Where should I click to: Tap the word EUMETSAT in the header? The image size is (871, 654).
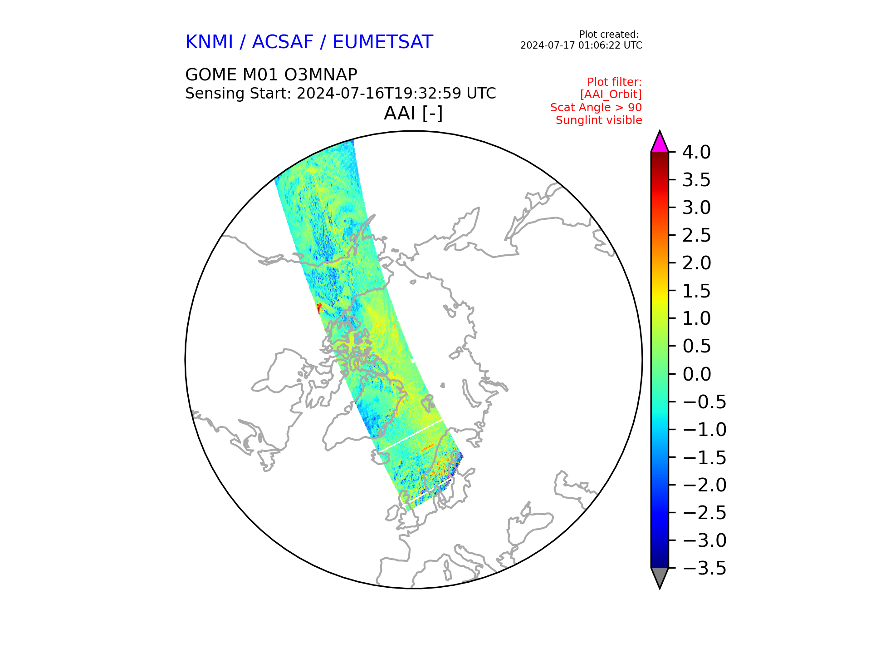[x=383, y=42]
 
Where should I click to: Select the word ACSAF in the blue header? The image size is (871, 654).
[x=283, y=42]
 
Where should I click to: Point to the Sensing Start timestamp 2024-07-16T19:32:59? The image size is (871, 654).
[x=379, y=94]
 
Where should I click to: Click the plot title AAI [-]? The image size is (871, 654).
[x=413, y=113]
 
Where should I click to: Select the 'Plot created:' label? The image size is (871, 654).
[x=609, y=35]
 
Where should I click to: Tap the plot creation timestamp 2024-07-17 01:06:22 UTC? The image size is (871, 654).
[x=581, y=45]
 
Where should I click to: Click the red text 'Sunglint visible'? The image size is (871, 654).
[x=599, y=120]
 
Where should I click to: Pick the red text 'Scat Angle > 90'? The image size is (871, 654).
[x=596, y=108]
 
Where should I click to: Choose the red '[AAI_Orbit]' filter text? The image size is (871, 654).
[x=611, y=94]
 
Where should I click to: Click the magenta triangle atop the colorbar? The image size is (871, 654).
[x=660, y=142]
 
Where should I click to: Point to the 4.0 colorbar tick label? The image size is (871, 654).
[x=696, y=153]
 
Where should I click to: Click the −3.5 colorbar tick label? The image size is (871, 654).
[x=705, y=568]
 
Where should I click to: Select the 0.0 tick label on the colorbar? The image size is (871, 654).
[x=696, y=374]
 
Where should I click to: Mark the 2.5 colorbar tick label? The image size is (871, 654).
[x=696, y=236]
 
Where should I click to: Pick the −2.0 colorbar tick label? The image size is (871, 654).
[x=705, y=485]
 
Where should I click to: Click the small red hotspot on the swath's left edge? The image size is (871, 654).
[x=318, y=308]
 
